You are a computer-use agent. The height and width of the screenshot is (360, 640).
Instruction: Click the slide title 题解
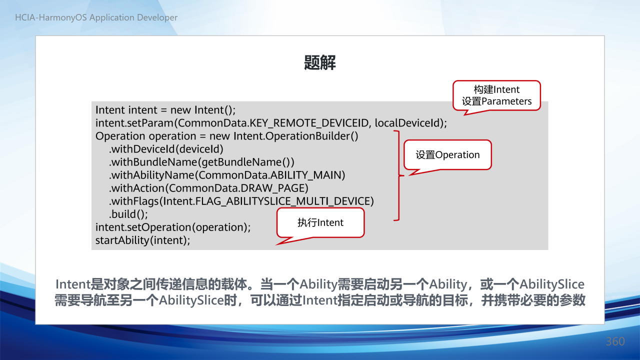319,62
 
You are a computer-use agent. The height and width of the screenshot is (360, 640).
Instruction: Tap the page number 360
615,341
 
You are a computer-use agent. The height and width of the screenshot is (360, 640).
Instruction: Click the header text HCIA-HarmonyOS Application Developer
96,17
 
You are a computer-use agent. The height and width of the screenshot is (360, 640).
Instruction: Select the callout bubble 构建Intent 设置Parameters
496,95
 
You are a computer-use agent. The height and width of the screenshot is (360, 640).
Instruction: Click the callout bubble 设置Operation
447,155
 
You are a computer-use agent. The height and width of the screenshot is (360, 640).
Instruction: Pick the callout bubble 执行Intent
320,222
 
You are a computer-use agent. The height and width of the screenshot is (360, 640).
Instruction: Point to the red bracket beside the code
399,175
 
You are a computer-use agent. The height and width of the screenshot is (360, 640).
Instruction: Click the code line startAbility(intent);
142,240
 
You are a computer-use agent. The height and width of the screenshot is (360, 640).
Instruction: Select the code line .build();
128,214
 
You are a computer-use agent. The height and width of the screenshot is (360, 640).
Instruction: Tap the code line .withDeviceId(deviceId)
166,149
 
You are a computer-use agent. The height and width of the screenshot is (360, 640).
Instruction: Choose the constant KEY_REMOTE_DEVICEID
309,123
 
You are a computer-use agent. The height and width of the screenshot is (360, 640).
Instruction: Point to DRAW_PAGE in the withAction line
272,188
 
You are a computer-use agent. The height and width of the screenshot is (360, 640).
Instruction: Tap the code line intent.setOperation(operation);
173,227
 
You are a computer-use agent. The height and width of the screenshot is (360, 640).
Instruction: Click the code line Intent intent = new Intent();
165,110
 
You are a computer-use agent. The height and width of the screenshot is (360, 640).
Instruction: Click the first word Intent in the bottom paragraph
73,284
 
